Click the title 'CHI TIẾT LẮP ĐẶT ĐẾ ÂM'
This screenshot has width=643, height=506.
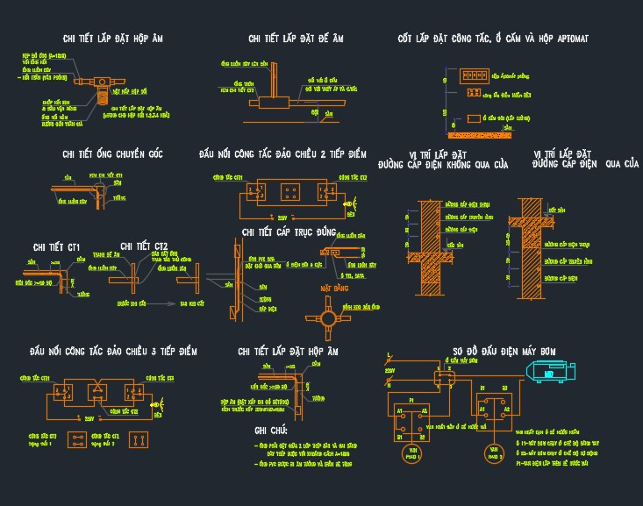coord(296,39)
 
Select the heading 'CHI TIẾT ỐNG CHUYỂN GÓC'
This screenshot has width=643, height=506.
coord(113,154)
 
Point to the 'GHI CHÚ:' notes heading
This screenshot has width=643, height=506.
coord(271,431)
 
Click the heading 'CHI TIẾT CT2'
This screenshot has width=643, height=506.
coord(144,246)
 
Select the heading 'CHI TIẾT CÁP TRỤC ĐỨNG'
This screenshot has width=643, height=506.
coord(289,232)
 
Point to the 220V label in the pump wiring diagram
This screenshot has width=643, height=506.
coord(390,371)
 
